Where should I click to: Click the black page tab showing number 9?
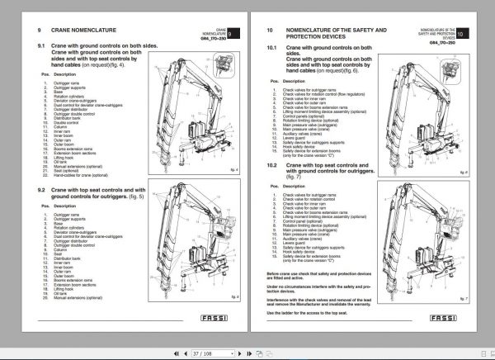(233, 33)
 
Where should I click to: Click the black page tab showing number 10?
(460, 33)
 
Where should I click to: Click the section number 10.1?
(272, 48)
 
